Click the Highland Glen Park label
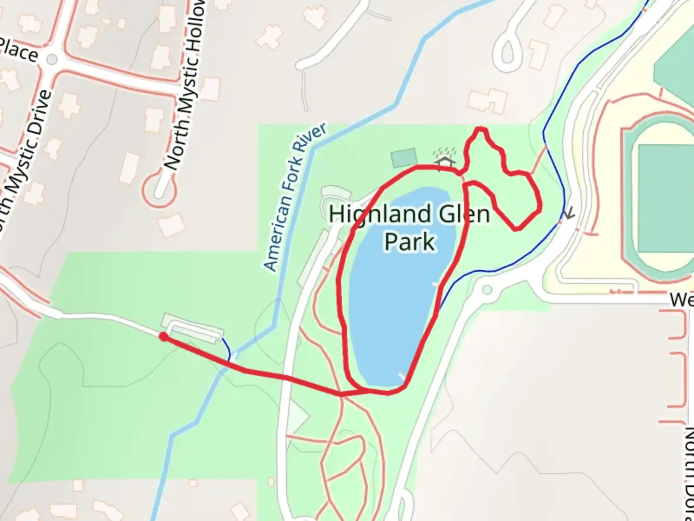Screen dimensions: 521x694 (x=409, y=227)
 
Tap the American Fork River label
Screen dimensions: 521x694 (x=295, y=197)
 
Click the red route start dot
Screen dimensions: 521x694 (x=163, y=337)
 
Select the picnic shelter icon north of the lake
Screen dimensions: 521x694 (x=444, y=161)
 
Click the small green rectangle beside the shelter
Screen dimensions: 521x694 (x=403, y=157)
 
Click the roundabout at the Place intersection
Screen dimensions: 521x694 (x=52, y=60)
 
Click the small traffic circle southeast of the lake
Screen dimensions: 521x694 (x=487, y=290)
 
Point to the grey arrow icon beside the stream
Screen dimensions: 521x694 (x=570, y=213)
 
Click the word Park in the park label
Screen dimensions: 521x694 (x=410, y=241)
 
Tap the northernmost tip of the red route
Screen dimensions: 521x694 (x=480, y=128)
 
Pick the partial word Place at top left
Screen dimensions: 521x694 (x=18, y=50)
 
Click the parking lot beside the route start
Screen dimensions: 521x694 (x=193, y=328)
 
